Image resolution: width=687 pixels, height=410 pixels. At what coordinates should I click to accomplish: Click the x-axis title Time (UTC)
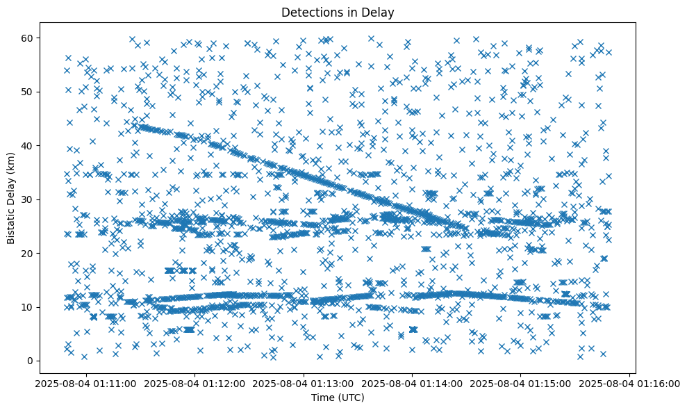337,398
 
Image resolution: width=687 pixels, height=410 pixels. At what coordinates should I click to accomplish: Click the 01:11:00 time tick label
85,384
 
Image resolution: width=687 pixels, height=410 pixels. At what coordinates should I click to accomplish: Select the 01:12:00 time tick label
194,384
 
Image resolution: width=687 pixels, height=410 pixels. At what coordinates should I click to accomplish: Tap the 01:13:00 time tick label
304,384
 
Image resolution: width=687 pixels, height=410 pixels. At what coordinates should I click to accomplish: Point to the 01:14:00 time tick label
413,384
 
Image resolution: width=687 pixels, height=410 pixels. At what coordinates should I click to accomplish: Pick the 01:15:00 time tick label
522,384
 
